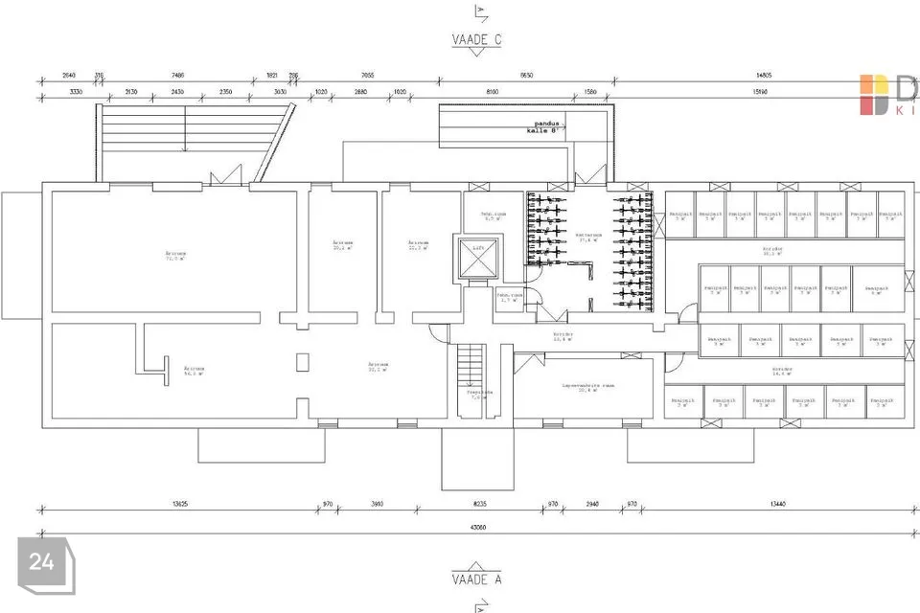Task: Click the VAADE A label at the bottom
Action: (477, 579)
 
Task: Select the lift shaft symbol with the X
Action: (478, 259)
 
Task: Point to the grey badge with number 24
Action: (41, 563)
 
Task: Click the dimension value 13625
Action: (177, 504)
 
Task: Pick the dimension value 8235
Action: (479, 504)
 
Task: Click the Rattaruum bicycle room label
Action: (587, 236)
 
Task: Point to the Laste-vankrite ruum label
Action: (587, 386)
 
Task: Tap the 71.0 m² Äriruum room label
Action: (176, 256)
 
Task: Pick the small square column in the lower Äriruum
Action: (303, 361)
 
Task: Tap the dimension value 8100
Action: (492, 92)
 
